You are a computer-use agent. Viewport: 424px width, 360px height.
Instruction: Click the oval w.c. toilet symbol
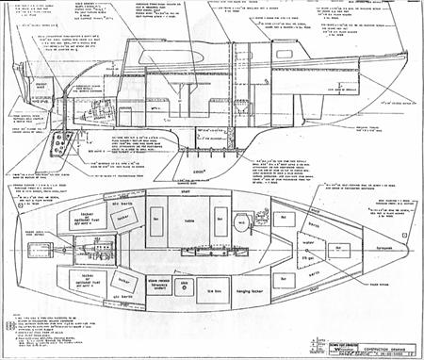pyautogui.click(x=241, y=224)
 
